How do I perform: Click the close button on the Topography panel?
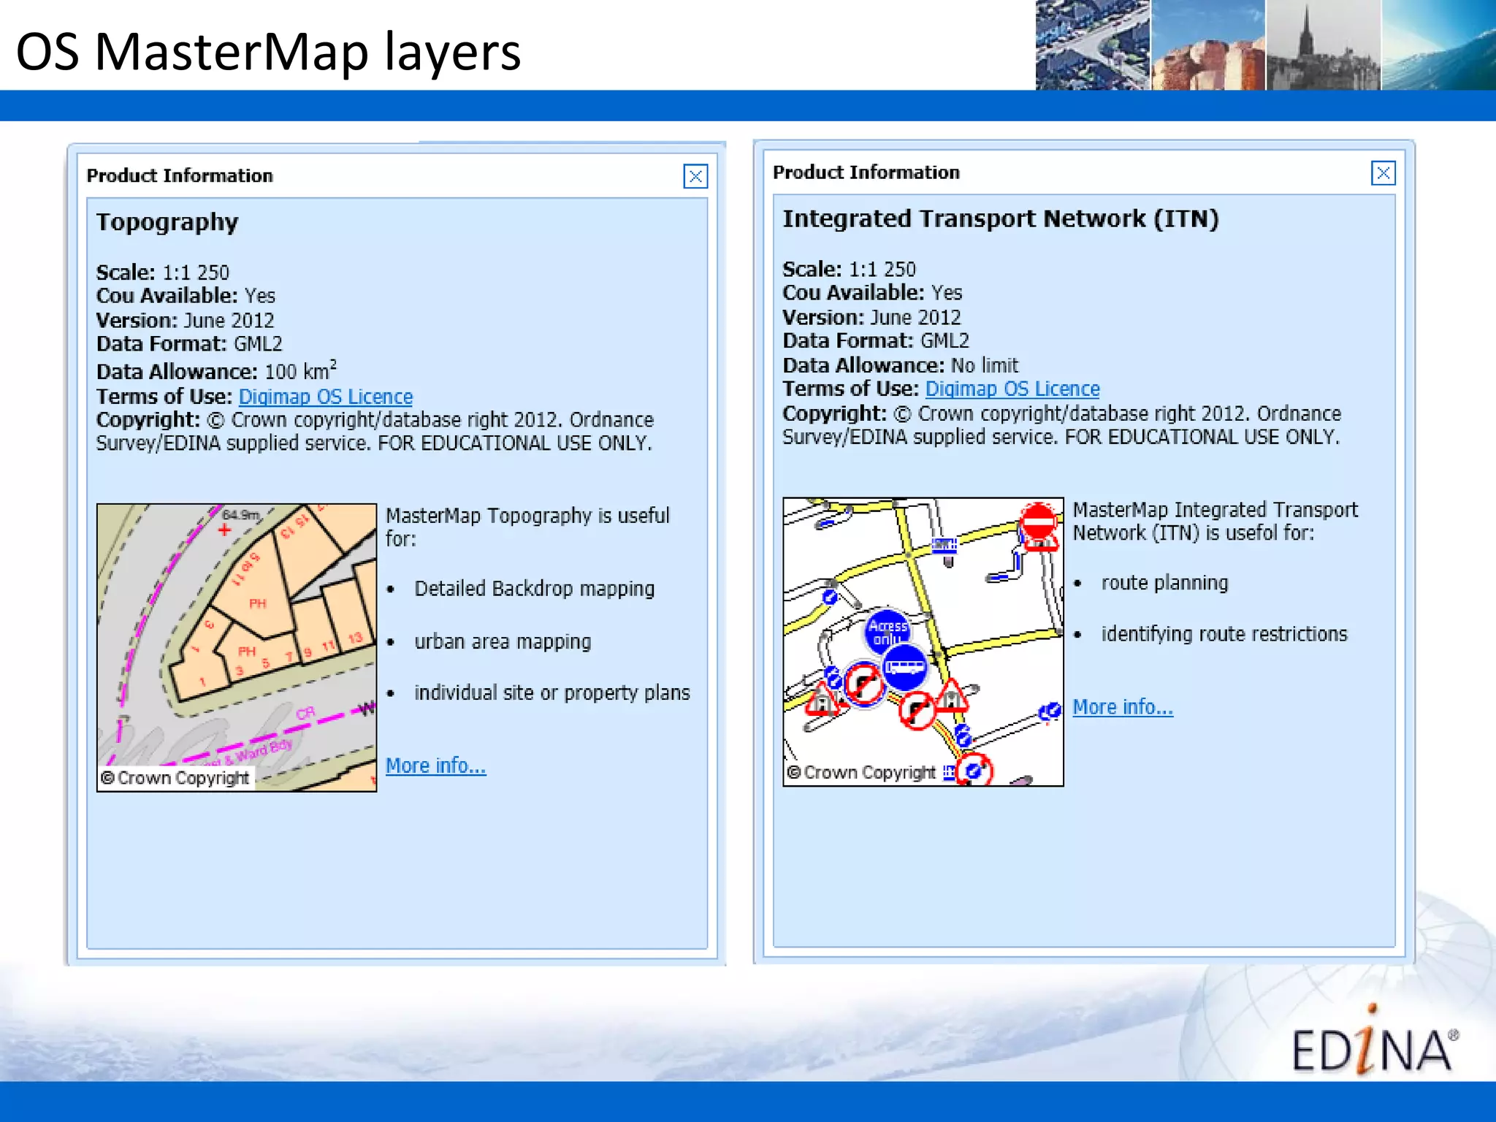pos(695,176)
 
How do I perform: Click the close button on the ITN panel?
pos(1383,173)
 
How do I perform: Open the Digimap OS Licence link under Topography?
pos(325,397)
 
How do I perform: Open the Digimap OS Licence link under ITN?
pos(1012,389)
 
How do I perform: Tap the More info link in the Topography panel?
pos(435,766)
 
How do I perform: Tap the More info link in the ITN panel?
pos(1123,707)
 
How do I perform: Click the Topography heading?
pos(167,222)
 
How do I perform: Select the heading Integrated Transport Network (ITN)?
pos(1000,219)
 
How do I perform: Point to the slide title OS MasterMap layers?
pos(268,52)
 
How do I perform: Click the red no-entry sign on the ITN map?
pos(1038,522)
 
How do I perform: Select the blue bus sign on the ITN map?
pos(905,667)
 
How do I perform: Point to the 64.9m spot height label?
pos(240,515)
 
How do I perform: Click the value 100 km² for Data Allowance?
pos(300,371)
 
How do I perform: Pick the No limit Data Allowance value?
pos(984,365)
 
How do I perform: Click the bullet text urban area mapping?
pos(503,641)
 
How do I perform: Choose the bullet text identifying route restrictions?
pos(1224,634)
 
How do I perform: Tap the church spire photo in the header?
pos(1323,45)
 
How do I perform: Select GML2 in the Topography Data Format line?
pos(258,344)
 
